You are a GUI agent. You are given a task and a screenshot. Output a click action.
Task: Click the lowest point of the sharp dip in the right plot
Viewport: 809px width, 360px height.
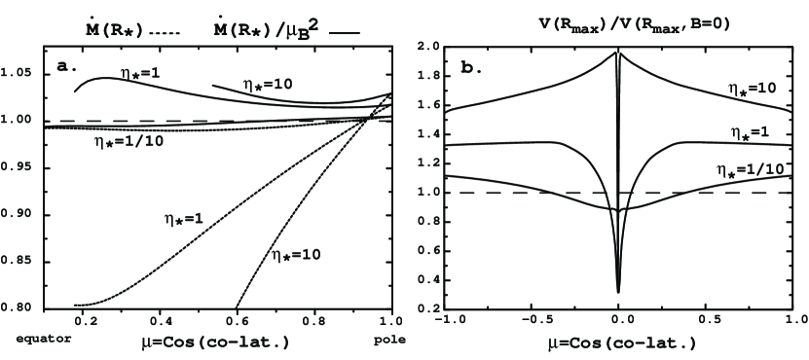click(618, 291)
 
